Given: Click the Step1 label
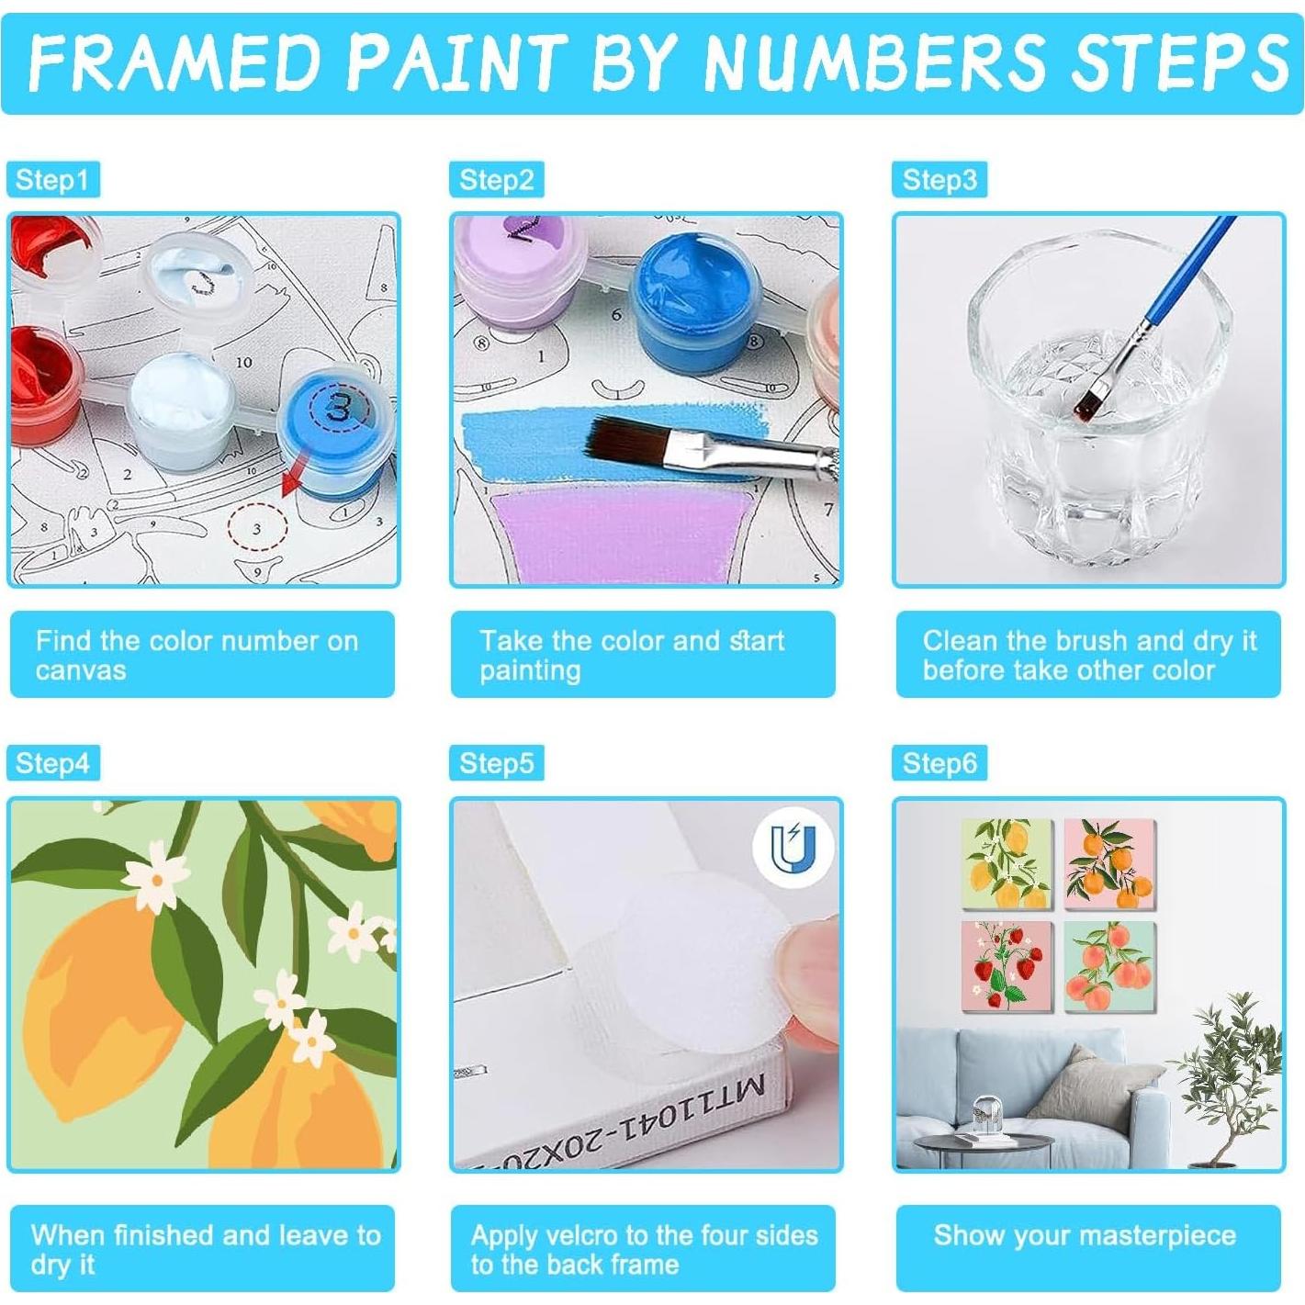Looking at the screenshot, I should click(52, 179).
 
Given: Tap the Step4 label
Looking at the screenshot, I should click(52, 763).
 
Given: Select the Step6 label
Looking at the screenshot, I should click(939, 763).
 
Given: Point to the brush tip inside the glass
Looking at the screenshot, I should click(1091, 400).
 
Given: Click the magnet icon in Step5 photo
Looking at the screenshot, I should click(792, 848).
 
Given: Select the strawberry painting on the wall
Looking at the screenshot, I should click(1007, 966).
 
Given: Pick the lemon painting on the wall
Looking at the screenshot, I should click(1007, 864).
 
